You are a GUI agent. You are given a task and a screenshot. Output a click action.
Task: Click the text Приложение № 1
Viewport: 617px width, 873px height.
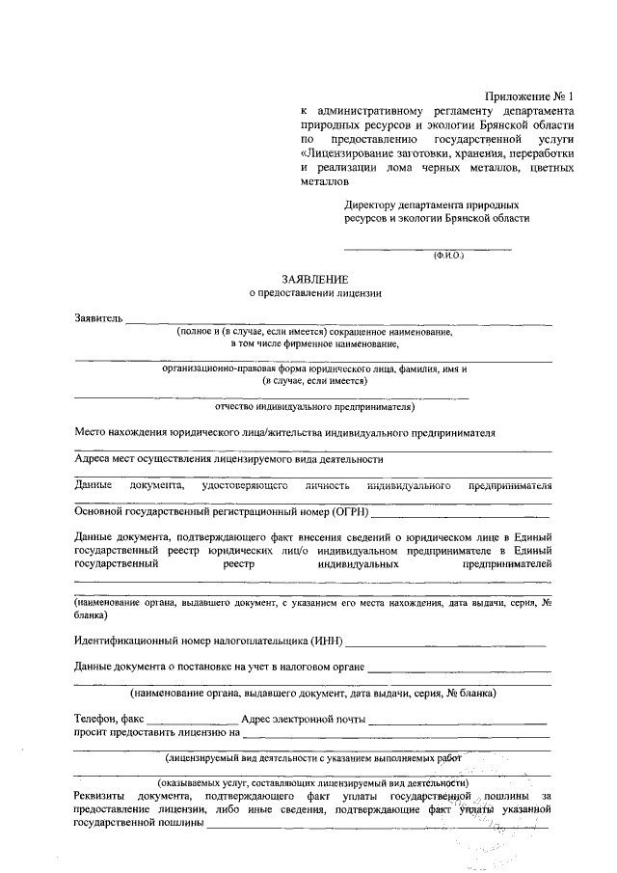(530, 96)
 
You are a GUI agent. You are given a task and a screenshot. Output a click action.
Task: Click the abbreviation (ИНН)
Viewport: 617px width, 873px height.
(328, 641)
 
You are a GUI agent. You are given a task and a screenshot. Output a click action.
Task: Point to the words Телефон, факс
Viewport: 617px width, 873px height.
(109, 719)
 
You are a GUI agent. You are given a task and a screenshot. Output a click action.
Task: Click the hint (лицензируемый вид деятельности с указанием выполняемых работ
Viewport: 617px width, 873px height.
(314, 758)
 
